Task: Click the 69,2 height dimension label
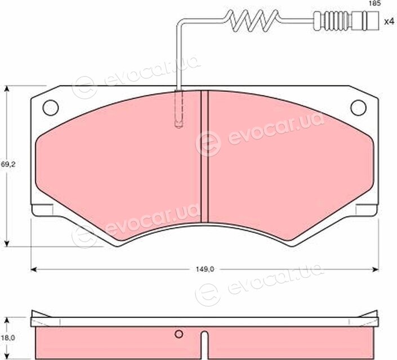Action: [x=8, y=164]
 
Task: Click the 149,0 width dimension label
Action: [x=205, y=269]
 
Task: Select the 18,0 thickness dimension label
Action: [x=8, y=337]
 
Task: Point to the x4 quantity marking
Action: [x=390, y=21]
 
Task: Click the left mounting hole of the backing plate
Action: [x=51, y=108]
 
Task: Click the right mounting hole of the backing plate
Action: [x=358, y=108]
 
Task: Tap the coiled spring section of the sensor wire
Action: [x=253, y=21]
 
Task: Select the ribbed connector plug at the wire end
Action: [x=346, y=21]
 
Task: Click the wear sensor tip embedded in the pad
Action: [x=179, y=109]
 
